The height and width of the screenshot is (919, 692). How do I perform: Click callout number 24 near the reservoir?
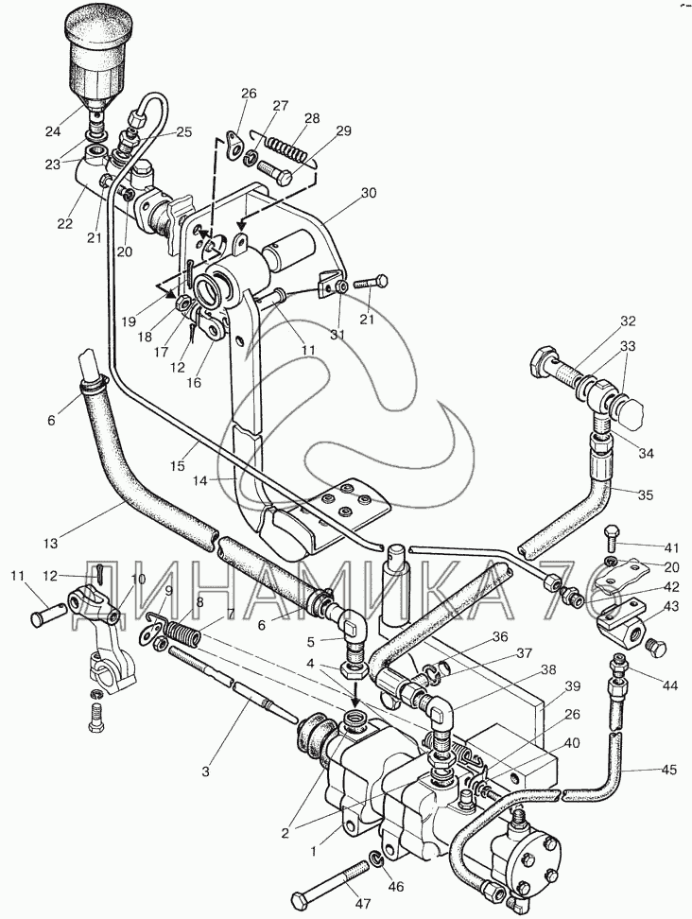53,130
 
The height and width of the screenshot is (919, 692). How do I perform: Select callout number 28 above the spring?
312,118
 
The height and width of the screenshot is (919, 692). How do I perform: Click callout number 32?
628,321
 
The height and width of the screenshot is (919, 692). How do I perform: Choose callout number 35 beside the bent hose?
645,494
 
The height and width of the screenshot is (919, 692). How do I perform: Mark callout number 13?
50,544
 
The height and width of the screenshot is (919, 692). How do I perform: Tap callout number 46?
396,887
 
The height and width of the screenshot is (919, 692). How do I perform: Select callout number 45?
668,770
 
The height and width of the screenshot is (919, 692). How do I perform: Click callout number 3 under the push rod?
205,772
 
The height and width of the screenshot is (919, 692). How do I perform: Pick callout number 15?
178,466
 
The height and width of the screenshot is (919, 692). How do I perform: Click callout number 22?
64,224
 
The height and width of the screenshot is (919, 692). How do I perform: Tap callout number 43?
671,607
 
